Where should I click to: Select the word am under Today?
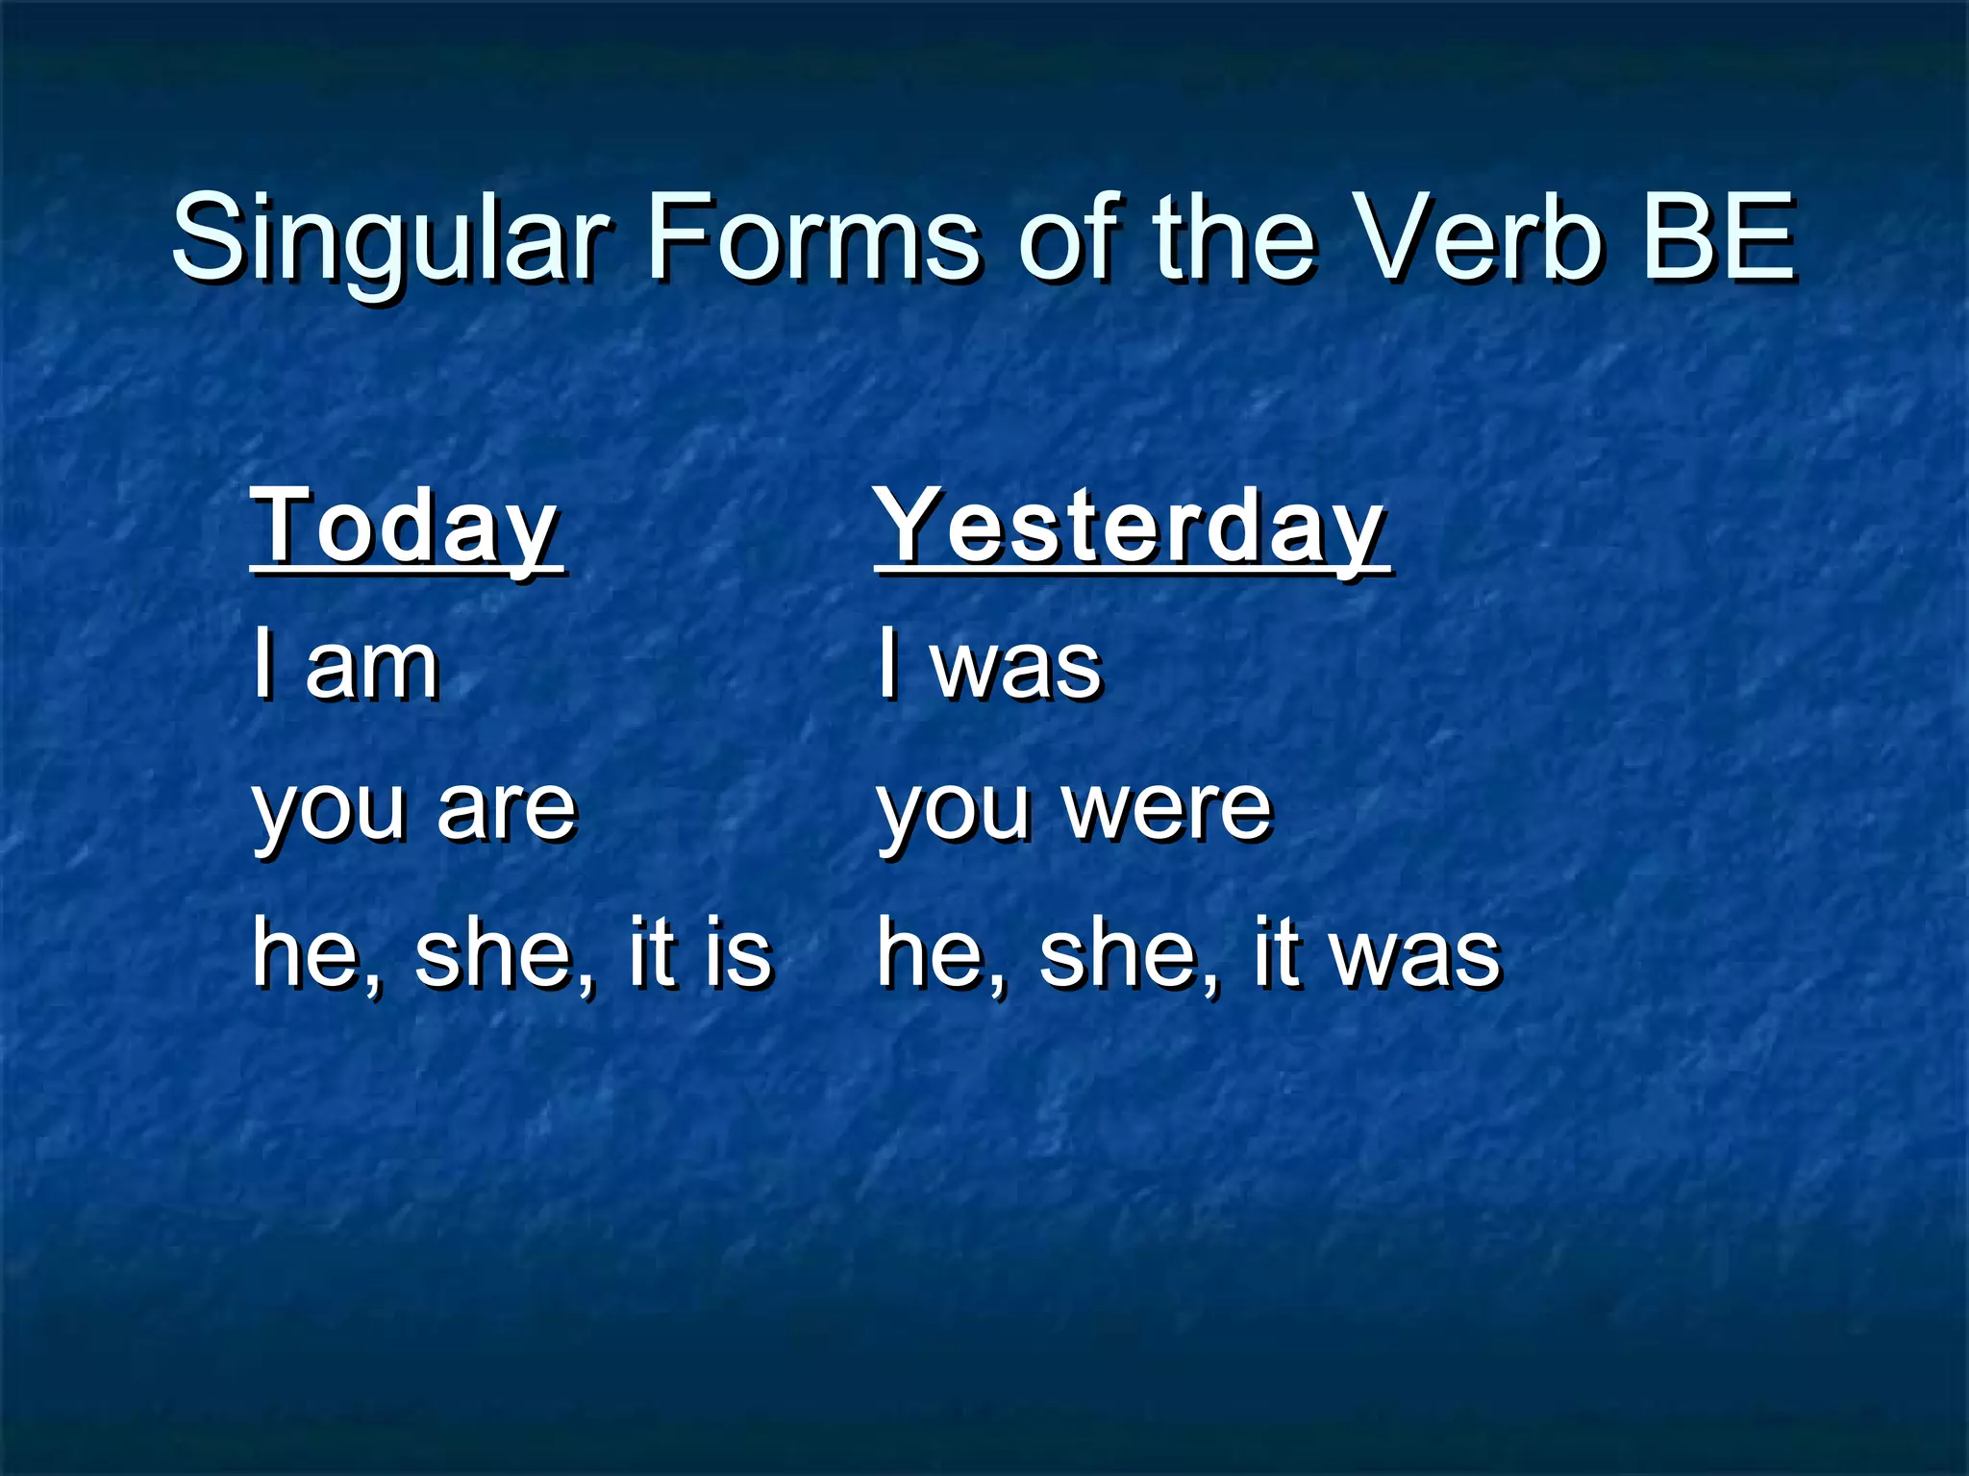click(x=372, y=667)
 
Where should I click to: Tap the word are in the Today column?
click(x=507, y=809)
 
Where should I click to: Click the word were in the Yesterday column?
click(x=1167, y=809)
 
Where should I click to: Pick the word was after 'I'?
click(x=1016, y=667)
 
